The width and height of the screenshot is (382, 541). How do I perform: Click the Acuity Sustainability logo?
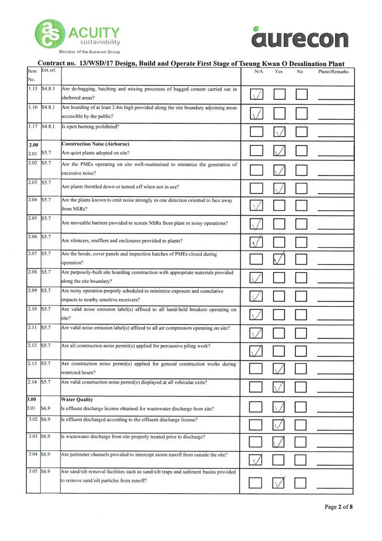[77, 35]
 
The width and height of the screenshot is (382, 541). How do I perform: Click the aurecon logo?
[300, 38]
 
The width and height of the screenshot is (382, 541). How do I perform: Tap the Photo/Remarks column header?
[333, 72]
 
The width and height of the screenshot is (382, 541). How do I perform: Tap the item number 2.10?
[32, 309]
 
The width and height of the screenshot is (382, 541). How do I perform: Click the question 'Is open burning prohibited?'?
[91, 127]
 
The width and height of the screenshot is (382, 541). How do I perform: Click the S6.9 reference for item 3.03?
[47, 437]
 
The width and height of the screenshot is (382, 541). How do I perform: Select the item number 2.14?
[32, 382]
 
